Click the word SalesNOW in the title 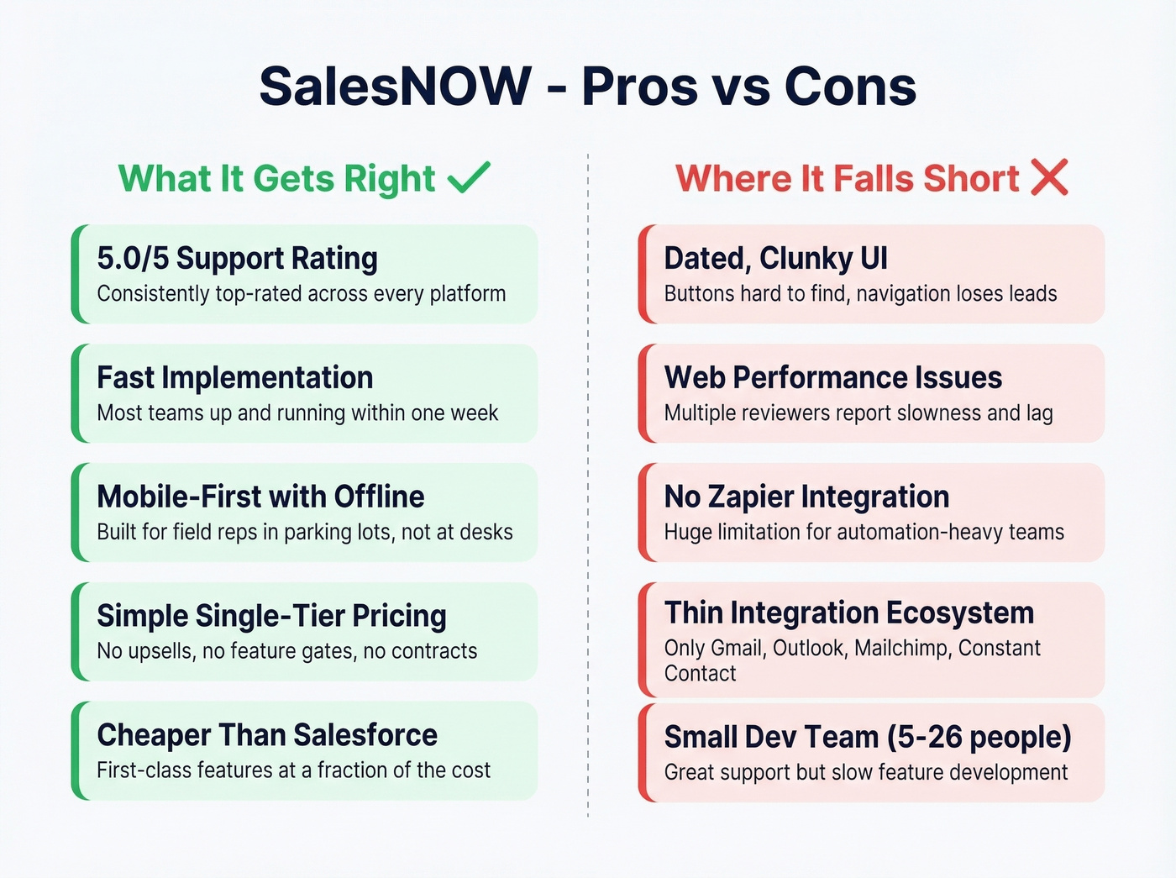pyautogui.click(x=395, y=87)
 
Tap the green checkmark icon pyautogui.click(x=469, y=177)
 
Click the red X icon pyautogui.click(x=1049, y=177)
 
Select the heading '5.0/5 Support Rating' pyautogui.click(x=237, y=258)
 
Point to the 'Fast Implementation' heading pyautogui.click(x=234, y=377)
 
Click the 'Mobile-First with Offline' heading pyautogui.click(x=260, y=497)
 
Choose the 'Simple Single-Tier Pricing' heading pyautogui.click(x=271, y=616)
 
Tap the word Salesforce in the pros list pyautogui.click(x=365, y=735)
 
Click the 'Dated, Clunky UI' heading pyautogui.click(x=775, y=258)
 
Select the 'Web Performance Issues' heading pyautogui.click(x=832, y=377)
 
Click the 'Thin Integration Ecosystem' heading pyautogui.click(x=848, y=612)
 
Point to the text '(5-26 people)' pyautogui.click(x=979, y=737)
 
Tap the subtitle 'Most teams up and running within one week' pyautogui.click(x=297, y=413)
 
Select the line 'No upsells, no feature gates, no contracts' pyautogui.click(x=286, y=651)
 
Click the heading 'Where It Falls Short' pyautogui.click(x=847, y=179)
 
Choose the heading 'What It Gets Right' pyautogui.click(x=276, y=179)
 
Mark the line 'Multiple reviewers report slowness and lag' pyautogui.click(x=858, y=413)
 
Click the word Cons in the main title pyautogui.click(x=850, y=87)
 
